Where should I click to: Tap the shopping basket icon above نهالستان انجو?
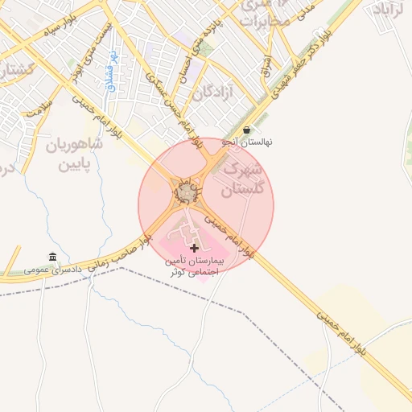coord(246,130)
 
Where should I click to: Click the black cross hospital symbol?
coord(195,246)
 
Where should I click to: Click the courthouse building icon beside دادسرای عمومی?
coord(53,257)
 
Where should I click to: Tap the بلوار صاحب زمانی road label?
coord(122,249)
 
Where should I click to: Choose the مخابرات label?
coord(264,20)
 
